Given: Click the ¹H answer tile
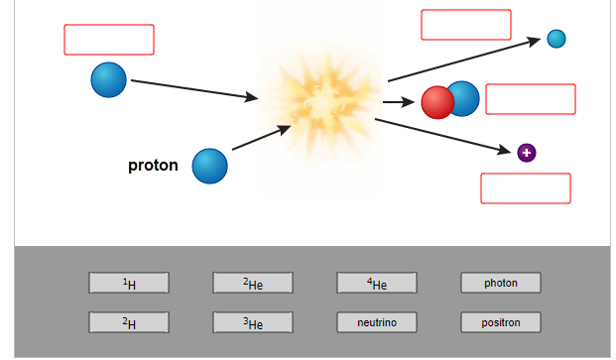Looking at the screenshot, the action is coord(129,283).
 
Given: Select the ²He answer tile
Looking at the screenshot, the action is coord(253,283).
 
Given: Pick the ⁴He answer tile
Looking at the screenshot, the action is coord(377,283).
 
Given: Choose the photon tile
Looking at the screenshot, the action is coord(501,283).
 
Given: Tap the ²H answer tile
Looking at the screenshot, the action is coord(129,322).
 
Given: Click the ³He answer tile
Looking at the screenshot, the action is coord(253,322).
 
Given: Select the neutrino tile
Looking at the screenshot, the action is coord(377,322).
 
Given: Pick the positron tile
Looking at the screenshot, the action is coord(501,322).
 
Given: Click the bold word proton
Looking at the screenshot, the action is coord(153,166).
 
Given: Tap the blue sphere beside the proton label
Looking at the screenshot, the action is coord(209,166).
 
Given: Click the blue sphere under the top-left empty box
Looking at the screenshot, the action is coord(109,79).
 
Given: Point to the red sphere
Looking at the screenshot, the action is coord(437,102).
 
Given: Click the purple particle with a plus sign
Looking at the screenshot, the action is coord(527,153).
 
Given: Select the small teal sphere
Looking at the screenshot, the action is coord(556,39).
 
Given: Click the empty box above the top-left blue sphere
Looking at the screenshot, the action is coord(109,40).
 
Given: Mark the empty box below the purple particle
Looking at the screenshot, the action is coord(526,188).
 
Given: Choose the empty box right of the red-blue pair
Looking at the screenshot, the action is coord(531,99).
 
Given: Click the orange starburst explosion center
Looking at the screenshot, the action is coord(321,103).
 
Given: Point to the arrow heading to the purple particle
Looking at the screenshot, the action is coord(442,136).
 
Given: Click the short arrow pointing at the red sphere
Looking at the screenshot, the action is coord(399,102).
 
